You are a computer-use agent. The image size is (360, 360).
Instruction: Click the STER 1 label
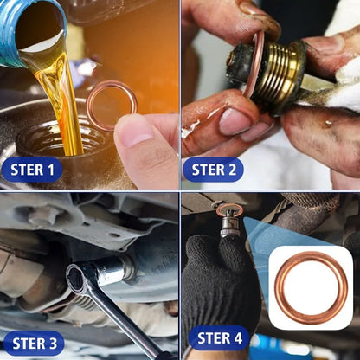click(32, 169)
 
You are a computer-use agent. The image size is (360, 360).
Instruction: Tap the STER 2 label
click(213, 169)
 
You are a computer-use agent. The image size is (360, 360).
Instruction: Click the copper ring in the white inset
click(310, 287)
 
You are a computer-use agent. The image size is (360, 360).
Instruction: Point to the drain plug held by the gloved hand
click(229, 221)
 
